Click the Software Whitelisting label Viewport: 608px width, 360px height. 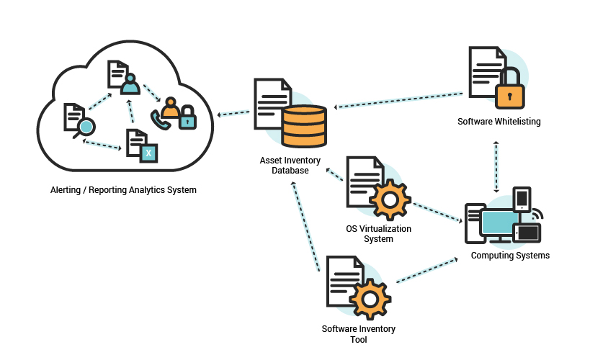point(499,122)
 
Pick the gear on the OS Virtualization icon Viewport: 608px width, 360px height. point(390,198)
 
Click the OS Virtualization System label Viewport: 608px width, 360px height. point(378,234)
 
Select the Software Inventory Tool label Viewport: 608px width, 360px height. point(358,334)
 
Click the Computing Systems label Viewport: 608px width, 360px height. point(510,256)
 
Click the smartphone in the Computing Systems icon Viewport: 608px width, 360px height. point(522,199)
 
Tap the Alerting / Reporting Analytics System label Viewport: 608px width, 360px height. point(123,190)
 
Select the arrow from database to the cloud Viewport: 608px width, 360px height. point(233,113)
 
